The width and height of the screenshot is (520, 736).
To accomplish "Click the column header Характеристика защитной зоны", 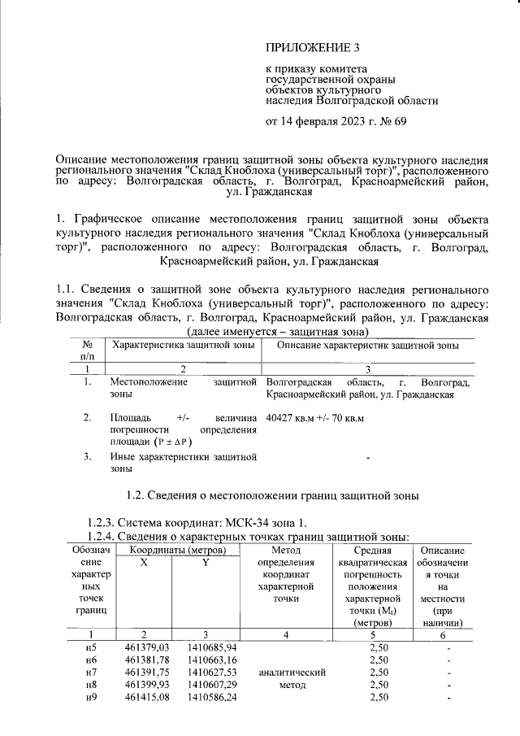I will [x=184, y=346].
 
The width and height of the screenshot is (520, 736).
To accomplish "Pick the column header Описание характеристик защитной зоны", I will [x=369, y=346].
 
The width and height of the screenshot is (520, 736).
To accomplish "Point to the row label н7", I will [x=91, y=673].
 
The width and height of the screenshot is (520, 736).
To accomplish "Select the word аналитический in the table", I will [x=291, y=673].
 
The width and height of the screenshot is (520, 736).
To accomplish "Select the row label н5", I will [x=91, y=648].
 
